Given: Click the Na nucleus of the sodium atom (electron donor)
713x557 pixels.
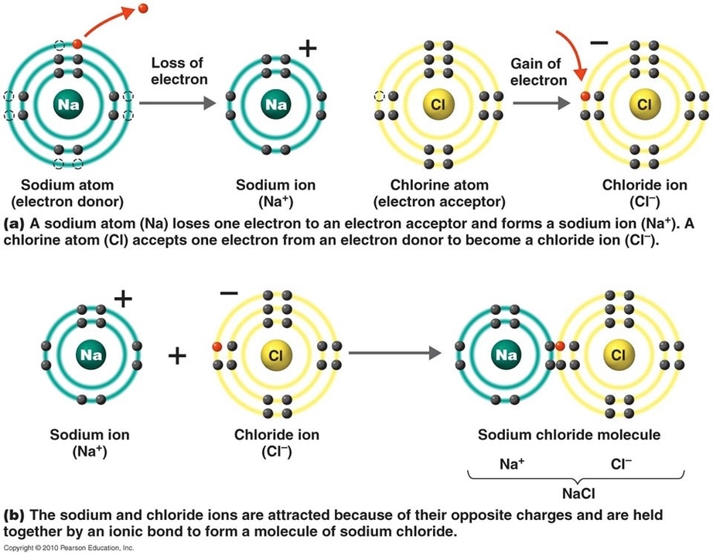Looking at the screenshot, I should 67,103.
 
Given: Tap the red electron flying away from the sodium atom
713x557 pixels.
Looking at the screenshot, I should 143,9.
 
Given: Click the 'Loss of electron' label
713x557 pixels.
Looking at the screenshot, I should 179,71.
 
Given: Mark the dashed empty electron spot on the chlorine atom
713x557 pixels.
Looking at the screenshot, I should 379,97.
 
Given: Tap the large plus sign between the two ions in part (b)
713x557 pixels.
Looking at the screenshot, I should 178,356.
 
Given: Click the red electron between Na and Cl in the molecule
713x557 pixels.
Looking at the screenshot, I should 558,347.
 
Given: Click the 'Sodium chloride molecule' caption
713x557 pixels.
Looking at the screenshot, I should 569,435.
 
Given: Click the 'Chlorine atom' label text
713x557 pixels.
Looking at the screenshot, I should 439,186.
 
